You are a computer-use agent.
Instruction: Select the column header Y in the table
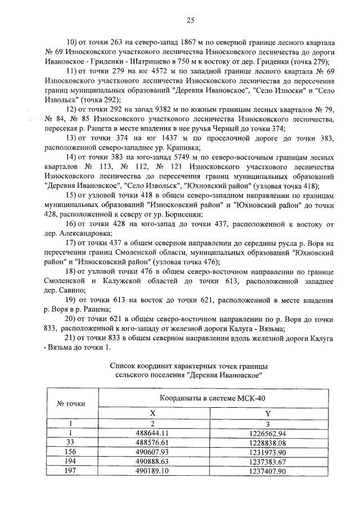pos(268,412)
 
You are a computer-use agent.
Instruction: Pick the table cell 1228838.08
pos(268,443)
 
